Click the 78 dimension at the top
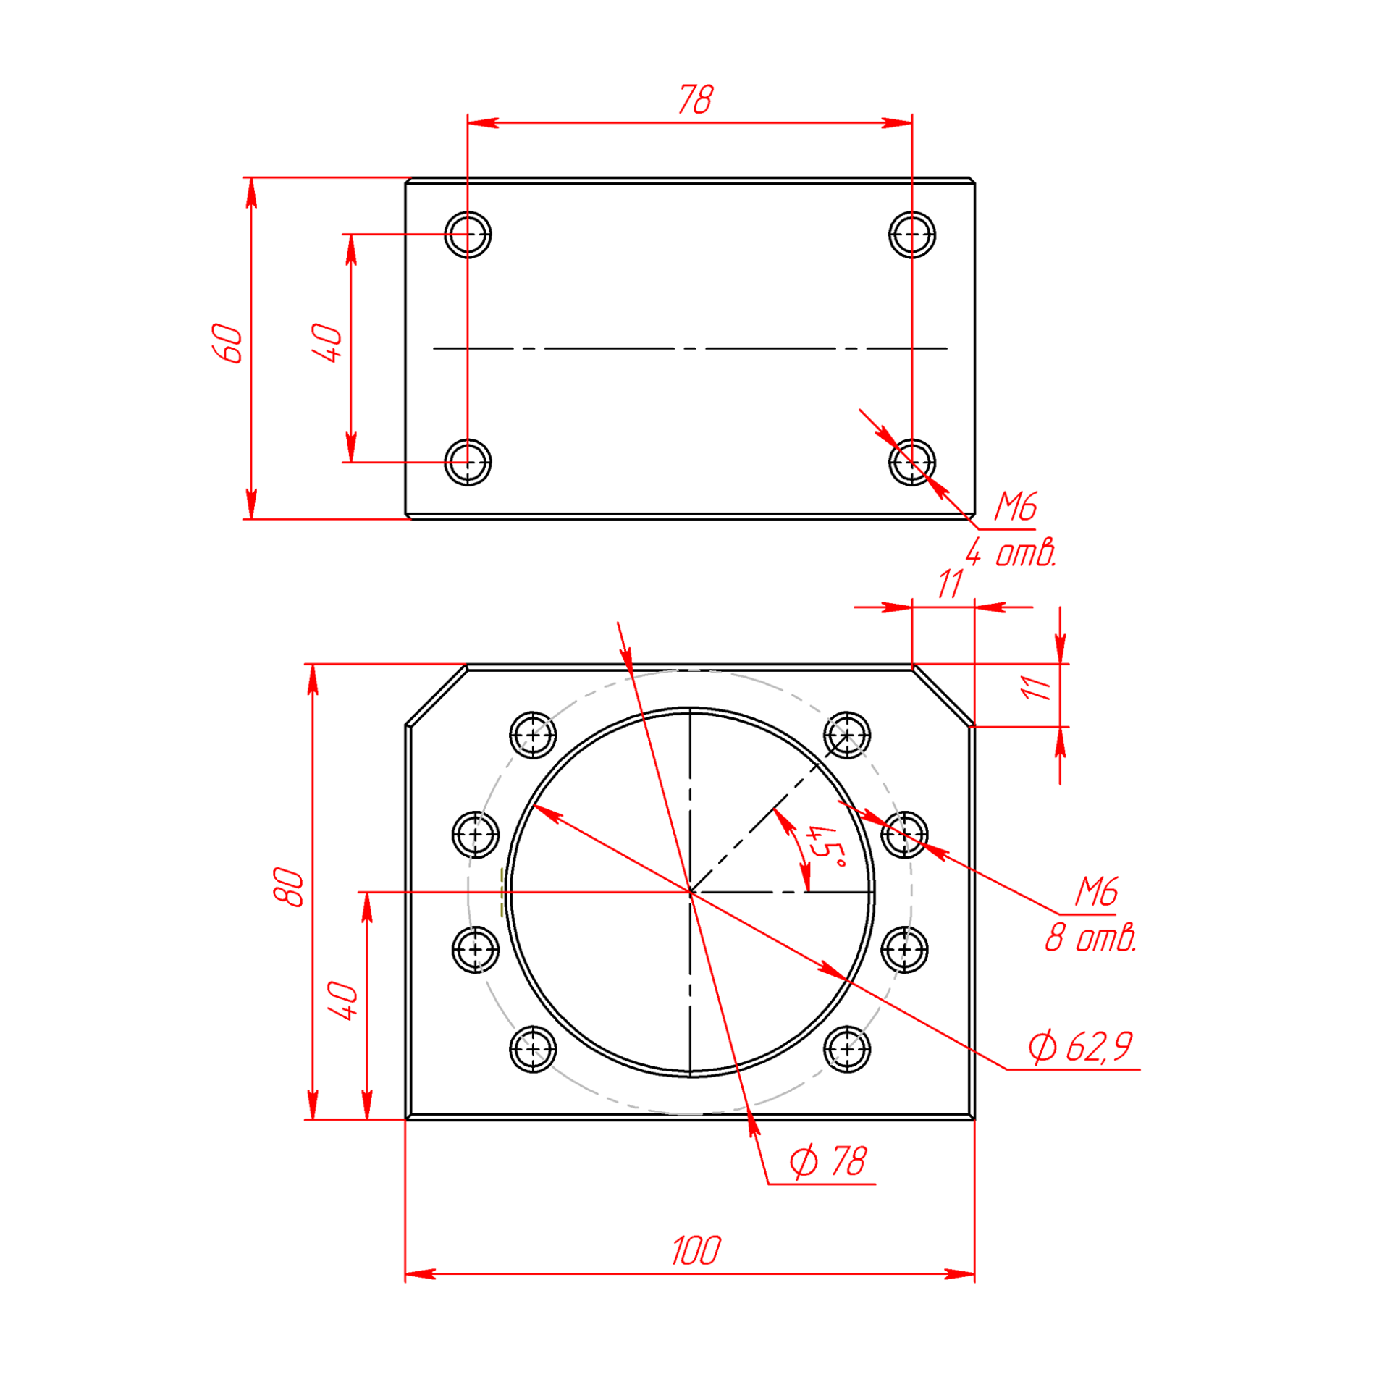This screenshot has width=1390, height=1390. point(696,99)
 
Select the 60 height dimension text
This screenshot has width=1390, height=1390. point(227,343)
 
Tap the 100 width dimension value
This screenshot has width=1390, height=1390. point(696,1251)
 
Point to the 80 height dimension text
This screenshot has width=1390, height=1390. point(289,887)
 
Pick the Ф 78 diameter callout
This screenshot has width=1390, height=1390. point(827,1162)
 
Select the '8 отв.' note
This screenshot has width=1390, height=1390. point(1090,939)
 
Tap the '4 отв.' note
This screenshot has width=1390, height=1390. point(1011,554)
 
